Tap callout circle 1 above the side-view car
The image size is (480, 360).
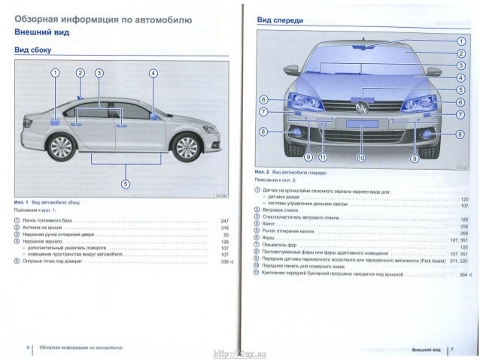click(x=56, y=73)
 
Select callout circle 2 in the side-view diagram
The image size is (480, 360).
click(x=80, y=73)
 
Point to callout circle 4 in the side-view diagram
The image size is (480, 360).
click(x=153, y=73)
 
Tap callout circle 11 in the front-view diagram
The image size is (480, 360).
click(x=323, y=159)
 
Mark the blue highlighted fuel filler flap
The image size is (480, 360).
click(x=55, y=120)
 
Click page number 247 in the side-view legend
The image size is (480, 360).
click(x=223, y=221)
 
